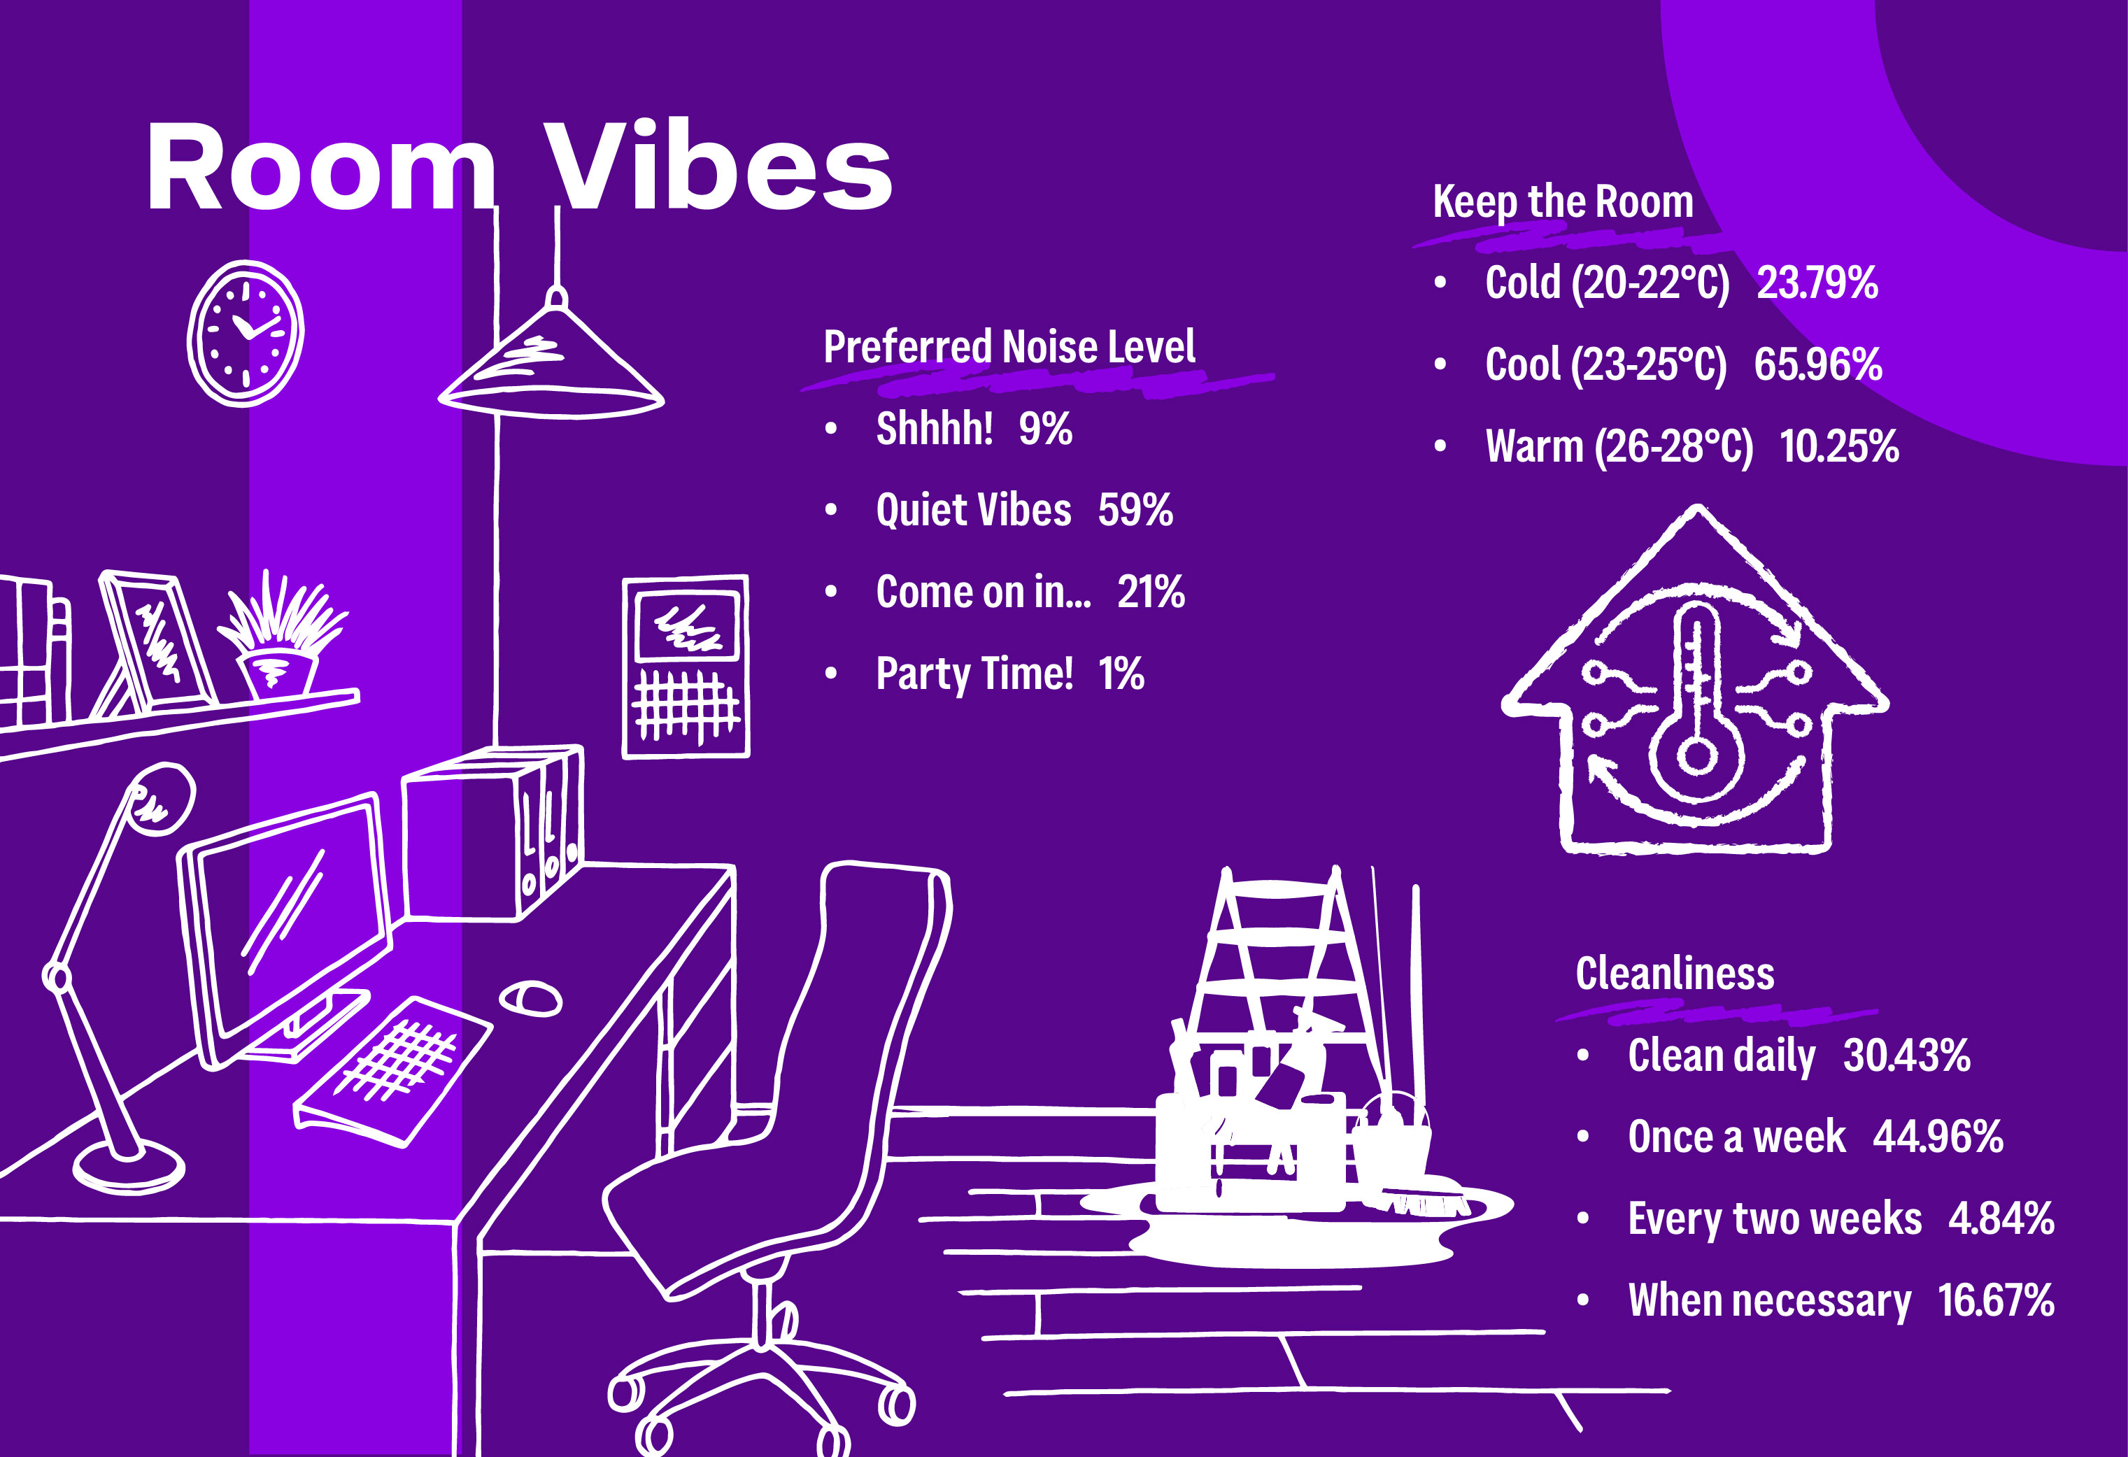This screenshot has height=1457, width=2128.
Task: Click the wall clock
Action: (x=246, y=334)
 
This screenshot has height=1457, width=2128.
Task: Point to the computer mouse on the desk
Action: (x=530, y=998)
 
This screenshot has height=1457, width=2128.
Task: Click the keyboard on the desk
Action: (x=391, y=1071)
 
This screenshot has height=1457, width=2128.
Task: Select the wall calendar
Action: (x=686, y=667)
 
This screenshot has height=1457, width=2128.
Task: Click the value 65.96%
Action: (x=1817, y=364)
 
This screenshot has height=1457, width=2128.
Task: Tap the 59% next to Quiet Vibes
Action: (x=1135, y=510)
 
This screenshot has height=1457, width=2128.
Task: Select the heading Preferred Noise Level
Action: (x=1009, y=347)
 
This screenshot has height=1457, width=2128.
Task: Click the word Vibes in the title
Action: (x=719, y=166)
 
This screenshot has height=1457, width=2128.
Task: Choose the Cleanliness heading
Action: (x=1675, y=974)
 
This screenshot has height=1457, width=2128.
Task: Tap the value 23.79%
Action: (x=1817, y=283)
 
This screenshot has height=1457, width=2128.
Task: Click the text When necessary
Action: (x=1770, y=1301)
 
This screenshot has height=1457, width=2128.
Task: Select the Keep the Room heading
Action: (x=1563, y=201)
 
